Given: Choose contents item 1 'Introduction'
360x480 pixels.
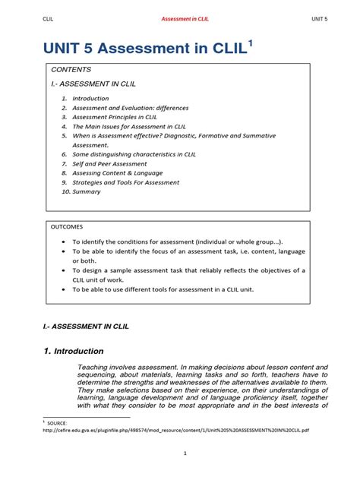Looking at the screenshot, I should [x=90, y=99].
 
